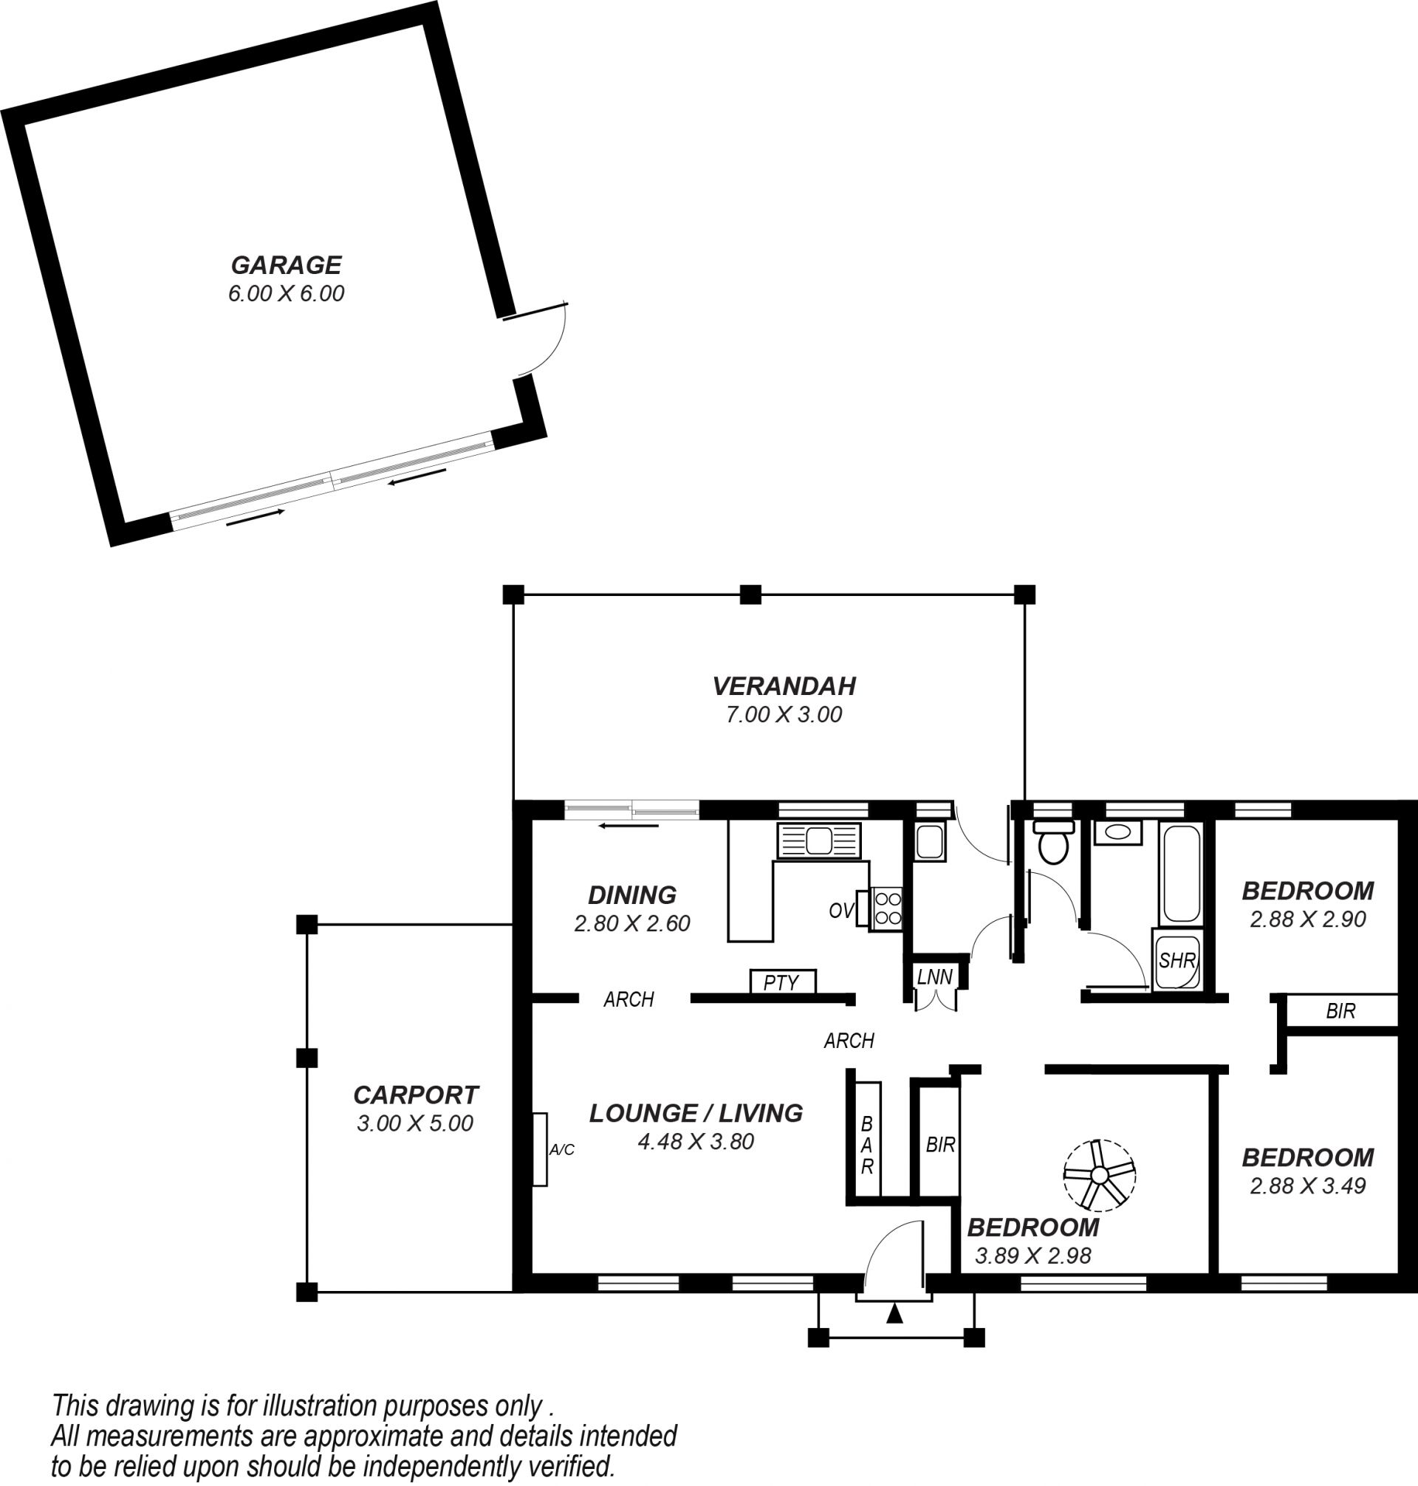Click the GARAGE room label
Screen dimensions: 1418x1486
pyautogui.click(x=286, y=264)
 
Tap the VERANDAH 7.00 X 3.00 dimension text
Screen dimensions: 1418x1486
pyautogui.click(x=784, y=714)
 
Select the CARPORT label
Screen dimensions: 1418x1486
pyautogui.click(x=416, y=1095)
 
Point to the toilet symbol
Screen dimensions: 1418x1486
pyautogui.click(x=1054, y=842)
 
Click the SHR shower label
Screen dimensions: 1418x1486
pyautogui.click(x=1177, y=960)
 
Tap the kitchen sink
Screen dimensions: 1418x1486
pyautogui.click(x=818, y=840)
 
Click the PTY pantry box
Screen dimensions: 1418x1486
pyautogui.click(x=782, y=982)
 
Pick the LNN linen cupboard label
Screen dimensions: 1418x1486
pyautogui.click(x=935, y=976)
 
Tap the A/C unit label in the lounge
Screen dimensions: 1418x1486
pyautogui.click(x=561, y=1150)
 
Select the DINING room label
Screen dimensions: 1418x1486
pyautogui.click(x=632, y=895)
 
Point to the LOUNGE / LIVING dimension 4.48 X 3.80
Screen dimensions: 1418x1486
pyautogui.click(x=696, y=1141)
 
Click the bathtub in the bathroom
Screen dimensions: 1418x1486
pyautogui.click(x=1180, y=874)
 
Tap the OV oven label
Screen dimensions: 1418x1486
pyautogui.click(x=841, y=911)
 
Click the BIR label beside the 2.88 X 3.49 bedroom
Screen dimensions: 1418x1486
pyautogui.click(x=1341, y=1010)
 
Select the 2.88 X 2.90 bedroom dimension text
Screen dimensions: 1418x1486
pyautogui.click(x=1308, y=919)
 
